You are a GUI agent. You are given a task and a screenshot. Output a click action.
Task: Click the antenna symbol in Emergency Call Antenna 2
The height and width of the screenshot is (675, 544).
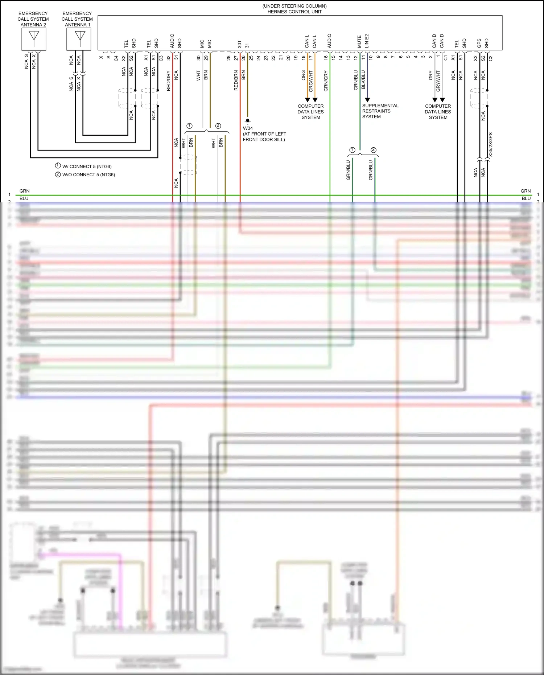click(34, 38)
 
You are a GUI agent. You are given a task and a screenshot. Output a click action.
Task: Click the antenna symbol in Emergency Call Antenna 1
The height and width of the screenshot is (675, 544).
click(80, 38)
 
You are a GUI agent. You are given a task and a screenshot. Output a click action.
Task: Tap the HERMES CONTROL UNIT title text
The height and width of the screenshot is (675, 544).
click(294, 12)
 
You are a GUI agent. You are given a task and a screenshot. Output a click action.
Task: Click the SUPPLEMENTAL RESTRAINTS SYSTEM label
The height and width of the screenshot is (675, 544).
click(380, 111)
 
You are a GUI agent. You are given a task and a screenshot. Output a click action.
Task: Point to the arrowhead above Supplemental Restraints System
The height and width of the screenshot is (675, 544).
click(367, 100)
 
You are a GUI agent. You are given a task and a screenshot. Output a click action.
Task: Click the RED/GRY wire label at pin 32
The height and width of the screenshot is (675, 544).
click(169, 81)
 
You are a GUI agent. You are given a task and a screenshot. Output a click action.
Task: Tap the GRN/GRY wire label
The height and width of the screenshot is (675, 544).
click(326, 81)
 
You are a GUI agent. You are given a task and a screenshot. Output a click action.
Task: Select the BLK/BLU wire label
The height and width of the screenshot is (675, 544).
click(363, 80)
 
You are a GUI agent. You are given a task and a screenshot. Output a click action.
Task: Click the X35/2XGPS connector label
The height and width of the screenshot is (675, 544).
click(491, 144)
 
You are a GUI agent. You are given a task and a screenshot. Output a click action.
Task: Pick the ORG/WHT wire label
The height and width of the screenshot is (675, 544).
click(311, 81)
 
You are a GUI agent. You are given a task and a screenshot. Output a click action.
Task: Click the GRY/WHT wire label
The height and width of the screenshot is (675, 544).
click(438, 81)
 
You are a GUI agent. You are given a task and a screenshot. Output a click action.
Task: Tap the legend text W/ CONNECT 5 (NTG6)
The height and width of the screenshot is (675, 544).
click(87, 166)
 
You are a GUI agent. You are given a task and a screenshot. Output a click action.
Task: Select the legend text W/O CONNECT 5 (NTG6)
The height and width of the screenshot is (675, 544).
click(88, 174)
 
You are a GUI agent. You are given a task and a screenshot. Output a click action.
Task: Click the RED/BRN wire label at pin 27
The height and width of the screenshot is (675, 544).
click(236, 81)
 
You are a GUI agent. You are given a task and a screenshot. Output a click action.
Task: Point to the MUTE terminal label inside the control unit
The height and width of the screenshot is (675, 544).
click(359, 41)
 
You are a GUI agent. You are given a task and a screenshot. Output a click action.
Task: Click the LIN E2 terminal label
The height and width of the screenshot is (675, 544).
click(367, 41)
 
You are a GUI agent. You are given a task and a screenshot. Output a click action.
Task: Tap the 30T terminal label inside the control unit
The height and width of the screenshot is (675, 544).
click(239, 44)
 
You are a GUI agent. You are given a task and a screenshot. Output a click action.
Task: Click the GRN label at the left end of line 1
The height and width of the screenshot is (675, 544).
click(24, 191)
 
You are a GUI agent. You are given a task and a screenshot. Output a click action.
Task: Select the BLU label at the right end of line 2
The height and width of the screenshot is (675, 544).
click(526, 198)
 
